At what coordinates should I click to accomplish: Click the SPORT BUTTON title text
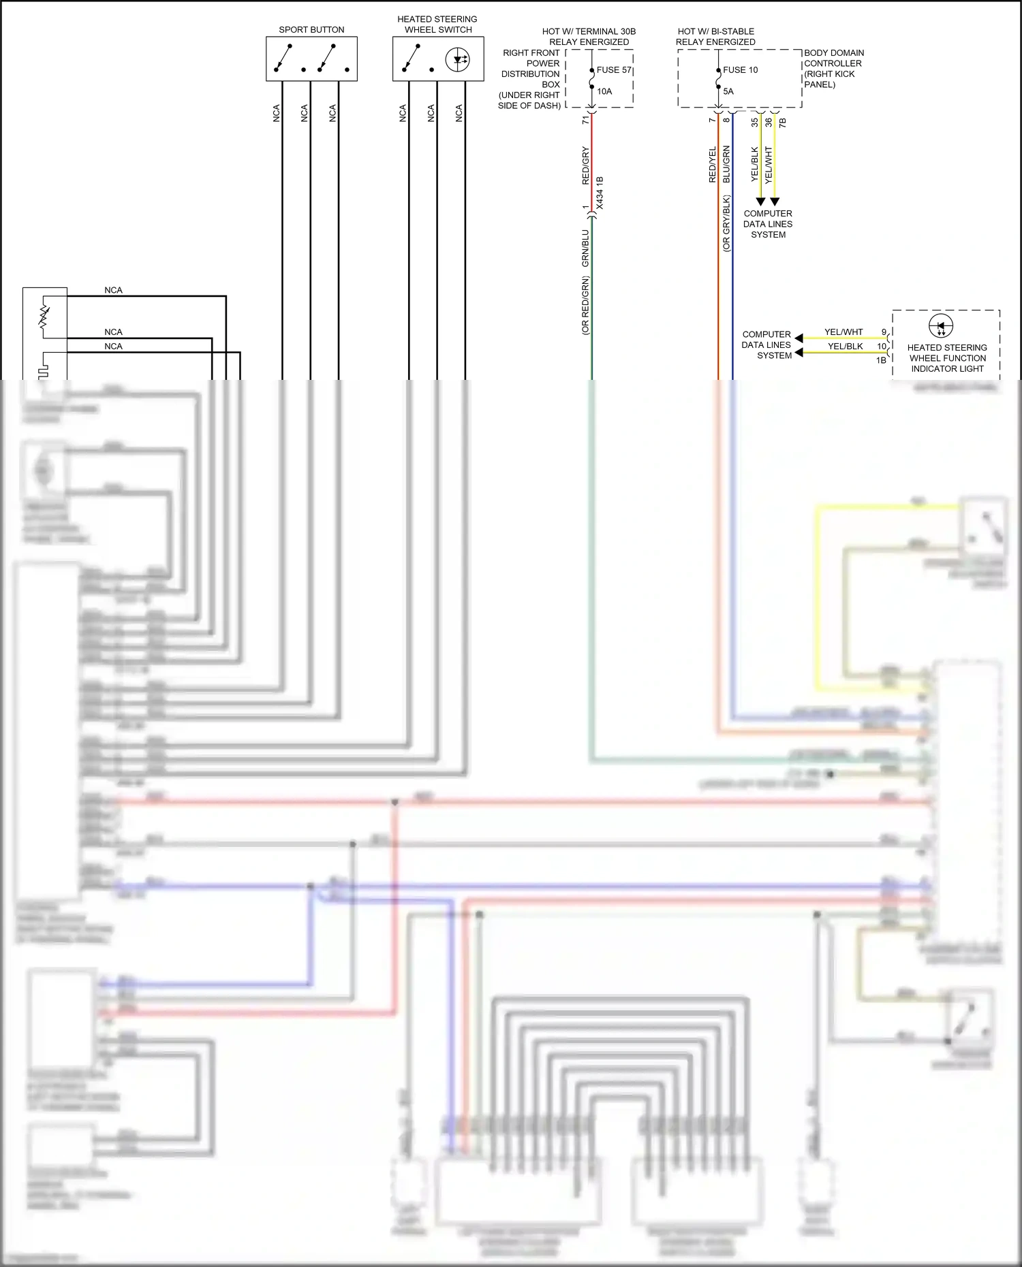311,30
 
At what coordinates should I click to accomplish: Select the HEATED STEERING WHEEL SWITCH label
437,25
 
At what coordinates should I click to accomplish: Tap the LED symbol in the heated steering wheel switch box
457,60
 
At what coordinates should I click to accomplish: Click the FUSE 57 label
613,70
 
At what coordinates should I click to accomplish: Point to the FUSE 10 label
740,70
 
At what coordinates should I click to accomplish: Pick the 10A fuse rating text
604,91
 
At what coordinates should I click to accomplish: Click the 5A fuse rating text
728,91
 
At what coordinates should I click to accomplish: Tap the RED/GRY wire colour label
585,165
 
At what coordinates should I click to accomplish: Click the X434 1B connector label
600,193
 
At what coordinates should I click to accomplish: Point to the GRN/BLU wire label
585,248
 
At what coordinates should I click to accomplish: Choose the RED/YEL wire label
713,165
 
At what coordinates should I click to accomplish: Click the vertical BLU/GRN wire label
726,164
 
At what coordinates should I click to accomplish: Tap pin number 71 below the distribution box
585,120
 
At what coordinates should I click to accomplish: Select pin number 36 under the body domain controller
769,123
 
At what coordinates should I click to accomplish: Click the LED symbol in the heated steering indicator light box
941,325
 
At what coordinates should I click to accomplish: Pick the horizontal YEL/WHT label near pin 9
843,332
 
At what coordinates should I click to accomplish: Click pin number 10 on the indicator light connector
882,347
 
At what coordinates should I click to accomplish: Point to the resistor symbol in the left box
44,317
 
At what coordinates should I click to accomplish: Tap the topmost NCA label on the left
113,290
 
